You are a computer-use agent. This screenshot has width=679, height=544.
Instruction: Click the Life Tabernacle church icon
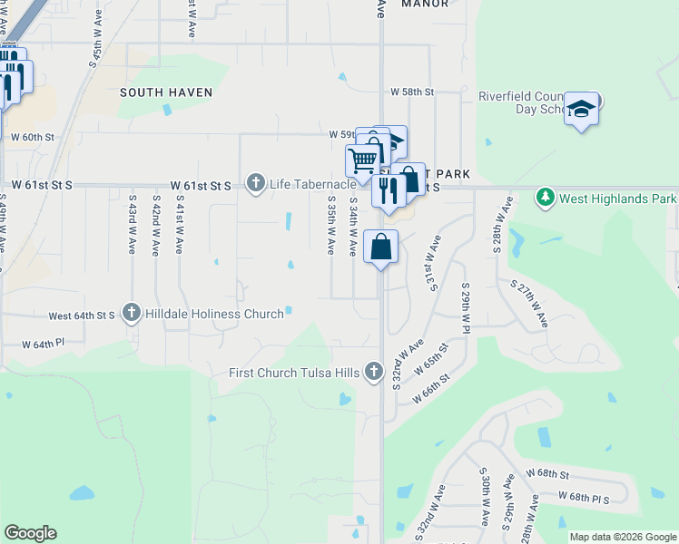(x=256, y=184)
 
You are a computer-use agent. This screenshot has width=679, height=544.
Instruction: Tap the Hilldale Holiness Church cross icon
(x=131, y=314)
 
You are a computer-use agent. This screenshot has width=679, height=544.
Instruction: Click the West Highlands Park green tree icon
(x=545, y=197)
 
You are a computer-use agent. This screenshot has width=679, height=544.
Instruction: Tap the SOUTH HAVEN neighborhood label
(x=166, y=92)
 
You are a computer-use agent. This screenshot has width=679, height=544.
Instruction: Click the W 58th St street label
(x=413, y=92)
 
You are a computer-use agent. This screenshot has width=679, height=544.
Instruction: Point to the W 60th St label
(x=33, y=137)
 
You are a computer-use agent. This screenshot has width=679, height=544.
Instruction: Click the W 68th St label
(x=546, y=474)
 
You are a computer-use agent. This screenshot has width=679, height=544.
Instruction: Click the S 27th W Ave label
(x=532, y=303)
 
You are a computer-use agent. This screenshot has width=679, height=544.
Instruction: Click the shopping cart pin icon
(x=362, y=160)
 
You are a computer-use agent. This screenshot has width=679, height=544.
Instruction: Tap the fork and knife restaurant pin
(x=389, y=190)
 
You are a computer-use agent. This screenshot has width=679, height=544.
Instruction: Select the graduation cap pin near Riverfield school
(x=581, y=110)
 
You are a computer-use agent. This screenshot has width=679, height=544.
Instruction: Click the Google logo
(x=30, y=533)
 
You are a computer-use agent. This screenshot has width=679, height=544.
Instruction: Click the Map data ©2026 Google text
(x=623, y=537)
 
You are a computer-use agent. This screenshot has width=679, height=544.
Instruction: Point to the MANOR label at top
(x=424, y=4)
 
